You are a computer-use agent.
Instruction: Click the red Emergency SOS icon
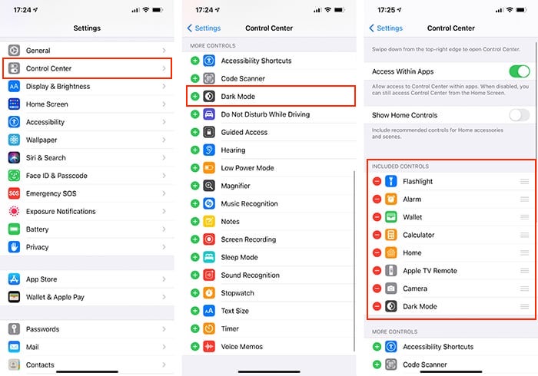(14, 193)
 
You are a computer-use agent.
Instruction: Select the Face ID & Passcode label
(57, 176)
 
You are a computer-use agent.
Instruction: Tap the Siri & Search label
(46, 158)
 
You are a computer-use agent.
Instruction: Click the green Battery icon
(14, 229)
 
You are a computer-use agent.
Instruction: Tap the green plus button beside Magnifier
(194, 186)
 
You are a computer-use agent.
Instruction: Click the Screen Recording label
(248, 239)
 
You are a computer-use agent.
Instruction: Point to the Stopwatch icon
(209, 293)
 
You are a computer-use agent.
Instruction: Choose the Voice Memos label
(241, 347)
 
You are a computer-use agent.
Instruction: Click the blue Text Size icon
(209, 311)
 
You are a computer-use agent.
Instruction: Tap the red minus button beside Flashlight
(377, 182)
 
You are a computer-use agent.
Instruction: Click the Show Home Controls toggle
(519, 115)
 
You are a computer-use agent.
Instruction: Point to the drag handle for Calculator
(524, 235)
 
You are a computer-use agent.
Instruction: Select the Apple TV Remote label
(430, 271)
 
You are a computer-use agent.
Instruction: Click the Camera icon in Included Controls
(391, 289)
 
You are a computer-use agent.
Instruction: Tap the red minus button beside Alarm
(377, 200)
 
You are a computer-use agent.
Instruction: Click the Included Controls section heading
(400, 167)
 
